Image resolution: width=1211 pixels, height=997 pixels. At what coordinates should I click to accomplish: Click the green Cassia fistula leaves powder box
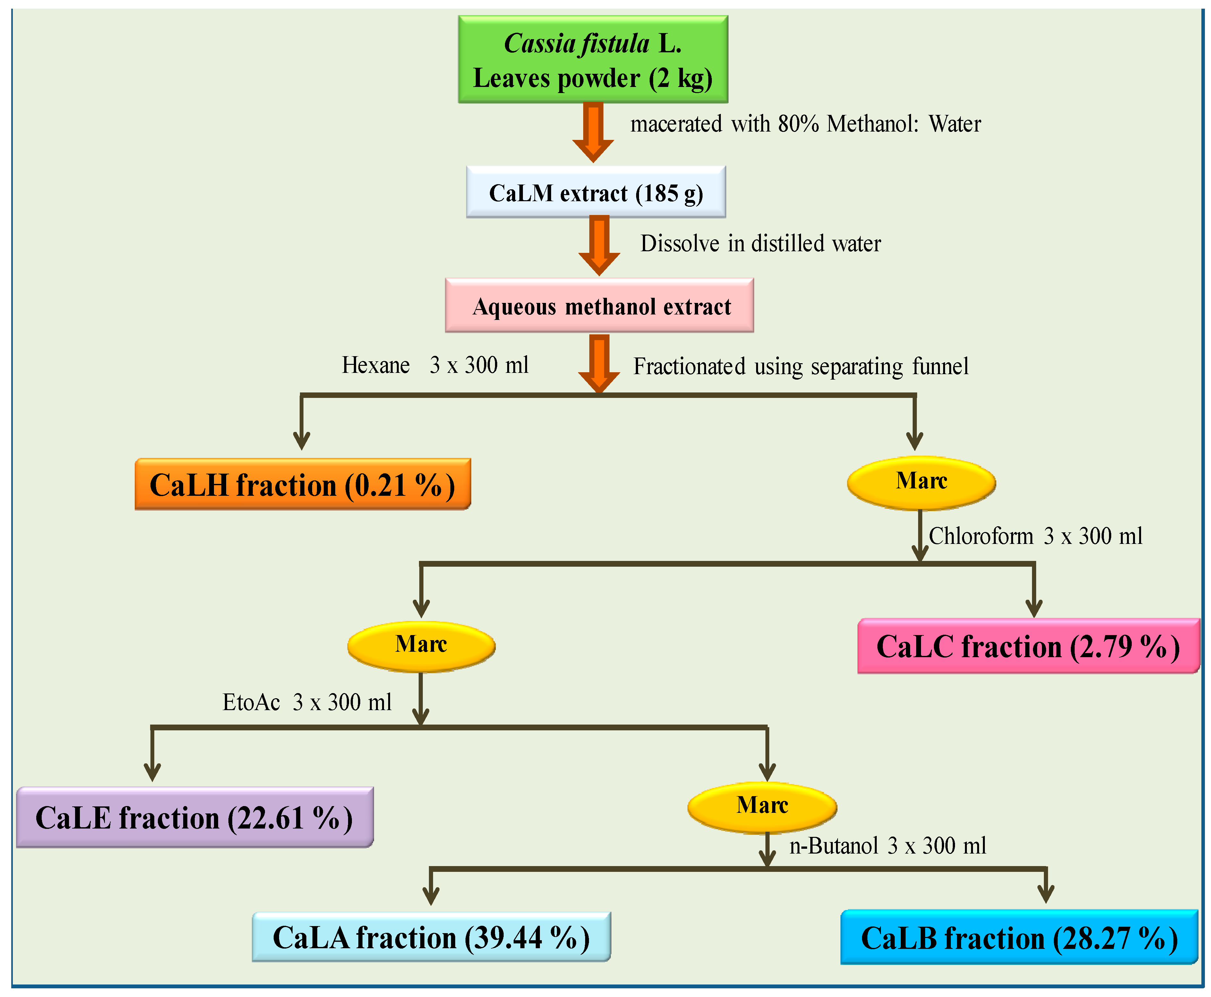[x=593, y=60]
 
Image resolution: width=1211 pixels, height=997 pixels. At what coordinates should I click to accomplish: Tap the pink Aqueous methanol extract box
[x=599, y=305]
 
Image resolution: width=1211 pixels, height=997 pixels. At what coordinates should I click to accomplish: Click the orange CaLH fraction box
[x=303, y=484]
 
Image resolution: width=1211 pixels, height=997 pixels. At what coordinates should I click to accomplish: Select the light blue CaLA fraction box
[x=431, y=937]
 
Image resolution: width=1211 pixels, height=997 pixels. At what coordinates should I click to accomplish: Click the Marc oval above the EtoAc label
[x=421, y=646]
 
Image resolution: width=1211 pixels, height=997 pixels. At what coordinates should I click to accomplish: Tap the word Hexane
[x=376, y=365]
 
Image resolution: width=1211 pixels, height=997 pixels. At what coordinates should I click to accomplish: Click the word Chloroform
[x=980, y=536]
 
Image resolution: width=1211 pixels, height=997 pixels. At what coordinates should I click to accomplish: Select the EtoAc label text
[x=251, y=702]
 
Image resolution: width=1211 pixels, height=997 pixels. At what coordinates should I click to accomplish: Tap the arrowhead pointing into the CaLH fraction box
[x=302, y=441]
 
